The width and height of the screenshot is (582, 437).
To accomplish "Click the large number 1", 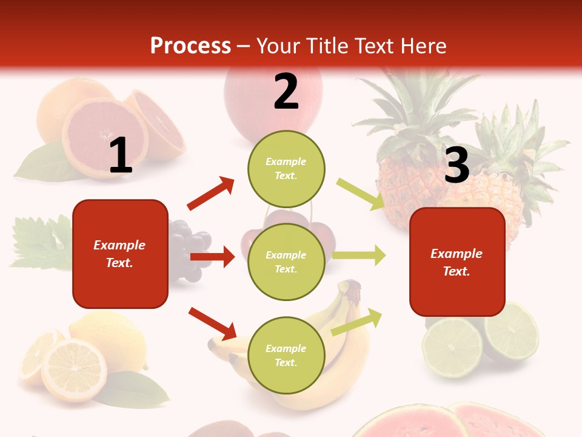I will [x=121, y=156].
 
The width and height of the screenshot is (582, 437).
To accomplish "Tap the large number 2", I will [x=286, y=92].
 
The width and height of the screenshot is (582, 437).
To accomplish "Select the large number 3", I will [x=457, y=165].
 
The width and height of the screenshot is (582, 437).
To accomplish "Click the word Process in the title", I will [x=190, y=46].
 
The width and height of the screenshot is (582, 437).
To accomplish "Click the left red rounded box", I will [x=120, y=254].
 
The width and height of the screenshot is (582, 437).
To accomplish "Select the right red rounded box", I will [x=457, y=262].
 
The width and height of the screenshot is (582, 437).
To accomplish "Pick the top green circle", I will [x=286, y=169].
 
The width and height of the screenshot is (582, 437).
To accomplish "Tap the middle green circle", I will [x=286, y=262].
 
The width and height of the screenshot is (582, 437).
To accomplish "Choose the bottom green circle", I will [x=286, y=355].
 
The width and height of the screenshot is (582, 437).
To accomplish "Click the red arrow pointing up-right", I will [x=211, y=194].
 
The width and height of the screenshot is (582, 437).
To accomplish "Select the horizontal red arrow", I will [x=212, y=257].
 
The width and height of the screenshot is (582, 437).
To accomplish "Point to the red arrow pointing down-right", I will [x=212, y=323].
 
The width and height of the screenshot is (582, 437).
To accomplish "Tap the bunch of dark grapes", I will [x=188, y=249].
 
